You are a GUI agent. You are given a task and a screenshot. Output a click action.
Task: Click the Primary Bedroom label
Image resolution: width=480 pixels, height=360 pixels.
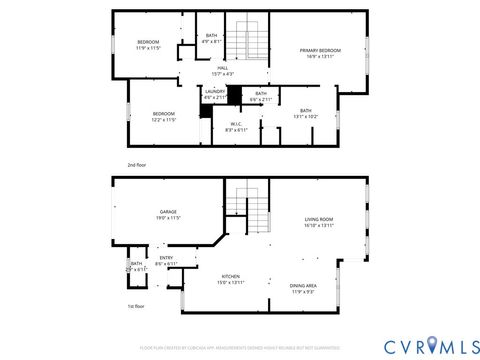coord(322,53)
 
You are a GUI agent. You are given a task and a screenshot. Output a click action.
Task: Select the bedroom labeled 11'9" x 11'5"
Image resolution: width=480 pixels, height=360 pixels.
coord(148,44)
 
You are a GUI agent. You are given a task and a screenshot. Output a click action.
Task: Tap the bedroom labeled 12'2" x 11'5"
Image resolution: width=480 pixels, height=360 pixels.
coord(163,116)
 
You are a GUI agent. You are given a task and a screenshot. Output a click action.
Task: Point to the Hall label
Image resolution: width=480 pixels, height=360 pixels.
coord(222,70)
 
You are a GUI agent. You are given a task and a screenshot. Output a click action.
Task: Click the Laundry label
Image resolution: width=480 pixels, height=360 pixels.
coord(215,95)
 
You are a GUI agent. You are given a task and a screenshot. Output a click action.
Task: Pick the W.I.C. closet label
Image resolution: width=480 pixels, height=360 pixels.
coord(236,127)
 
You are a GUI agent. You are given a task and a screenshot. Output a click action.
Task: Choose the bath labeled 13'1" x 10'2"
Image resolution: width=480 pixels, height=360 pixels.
coord(305,113)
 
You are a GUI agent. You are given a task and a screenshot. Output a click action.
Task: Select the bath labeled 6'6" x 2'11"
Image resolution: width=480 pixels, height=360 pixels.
coord(260,96)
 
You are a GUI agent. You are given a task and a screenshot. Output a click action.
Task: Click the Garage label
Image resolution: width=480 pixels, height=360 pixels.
coord(169,215)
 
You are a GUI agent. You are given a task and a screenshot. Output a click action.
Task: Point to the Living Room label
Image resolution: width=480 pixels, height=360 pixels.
coord(319,222)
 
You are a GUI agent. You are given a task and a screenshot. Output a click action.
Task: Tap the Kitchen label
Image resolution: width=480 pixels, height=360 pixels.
coord(232,279)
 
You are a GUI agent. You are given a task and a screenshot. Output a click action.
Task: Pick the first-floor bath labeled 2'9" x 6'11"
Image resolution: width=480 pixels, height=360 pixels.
coord(136,267)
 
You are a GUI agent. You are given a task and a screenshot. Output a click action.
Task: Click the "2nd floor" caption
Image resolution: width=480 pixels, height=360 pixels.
coord(136,164)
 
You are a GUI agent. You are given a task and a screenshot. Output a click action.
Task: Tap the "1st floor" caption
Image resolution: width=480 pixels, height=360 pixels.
coord(136,306)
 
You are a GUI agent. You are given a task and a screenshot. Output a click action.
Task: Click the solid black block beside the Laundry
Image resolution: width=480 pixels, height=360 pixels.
coord(235,95)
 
